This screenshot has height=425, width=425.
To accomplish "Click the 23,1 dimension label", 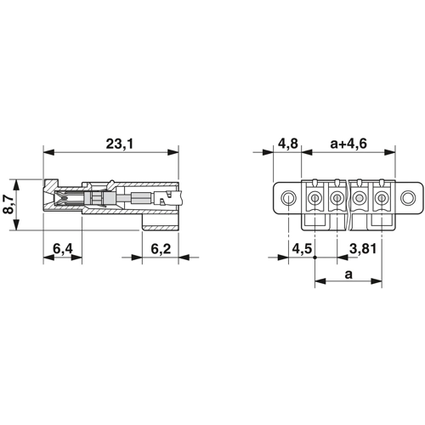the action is point(119,144).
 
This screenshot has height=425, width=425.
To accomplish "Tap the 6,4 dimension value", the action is point(63,249).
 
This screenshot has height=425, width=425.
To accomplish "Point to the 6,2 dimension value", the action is point(161,249).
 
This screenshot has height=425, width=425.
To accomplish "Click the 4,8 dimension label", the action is point(287,144).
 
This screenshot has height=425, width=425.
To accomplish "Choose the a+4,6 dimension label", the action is point(348,144).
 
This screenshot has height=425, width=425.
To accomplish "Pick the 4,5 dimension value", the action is point(302,249).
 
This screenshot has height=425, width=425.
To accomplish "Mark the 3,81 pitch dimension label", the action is point(363,249).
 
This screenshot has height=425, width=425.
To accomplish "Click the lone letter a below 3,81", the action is point(348,275).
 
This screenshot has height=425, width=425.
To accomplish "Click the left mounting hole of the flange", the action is point(288,197).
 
